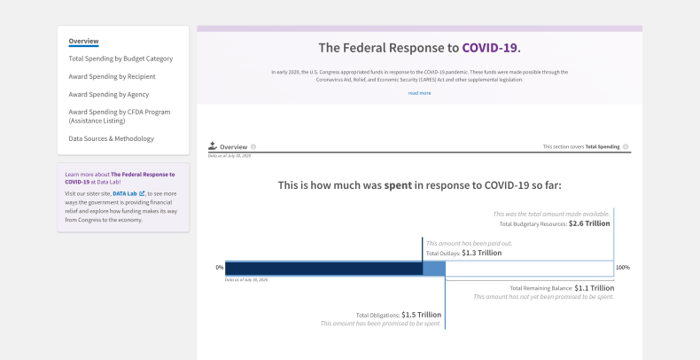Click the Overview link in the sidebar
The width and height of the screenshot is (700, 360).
click(83, 42)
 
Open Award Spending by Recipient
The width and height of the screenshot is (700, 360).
click(112, 76)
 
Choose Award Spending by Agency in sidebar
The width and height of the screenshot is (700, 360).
click(108, 94)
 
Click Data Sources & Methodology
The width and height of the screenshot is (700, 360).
click(111, 138)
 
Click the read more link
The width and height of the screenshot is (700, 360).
click(419, 92)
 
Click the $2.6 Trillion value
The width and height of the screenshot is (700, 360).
click(589, 223)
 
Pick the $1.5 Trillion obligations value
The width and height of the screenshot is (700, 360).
click(421, 314)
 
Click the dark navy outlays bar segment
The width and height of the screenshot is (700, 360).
click(323, 268)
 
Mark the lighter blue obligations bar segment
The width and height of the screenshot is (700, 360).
click(433, 268)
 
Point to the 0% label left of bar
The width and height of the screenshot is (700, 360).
click(219, 267)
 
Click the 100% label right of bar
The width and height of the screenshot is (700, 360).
click(622, 267)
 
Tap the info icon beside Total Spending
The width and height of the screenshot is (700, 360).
click(626, 146)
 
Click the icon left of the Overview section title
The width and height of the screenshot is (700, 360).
click(212, 146)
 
